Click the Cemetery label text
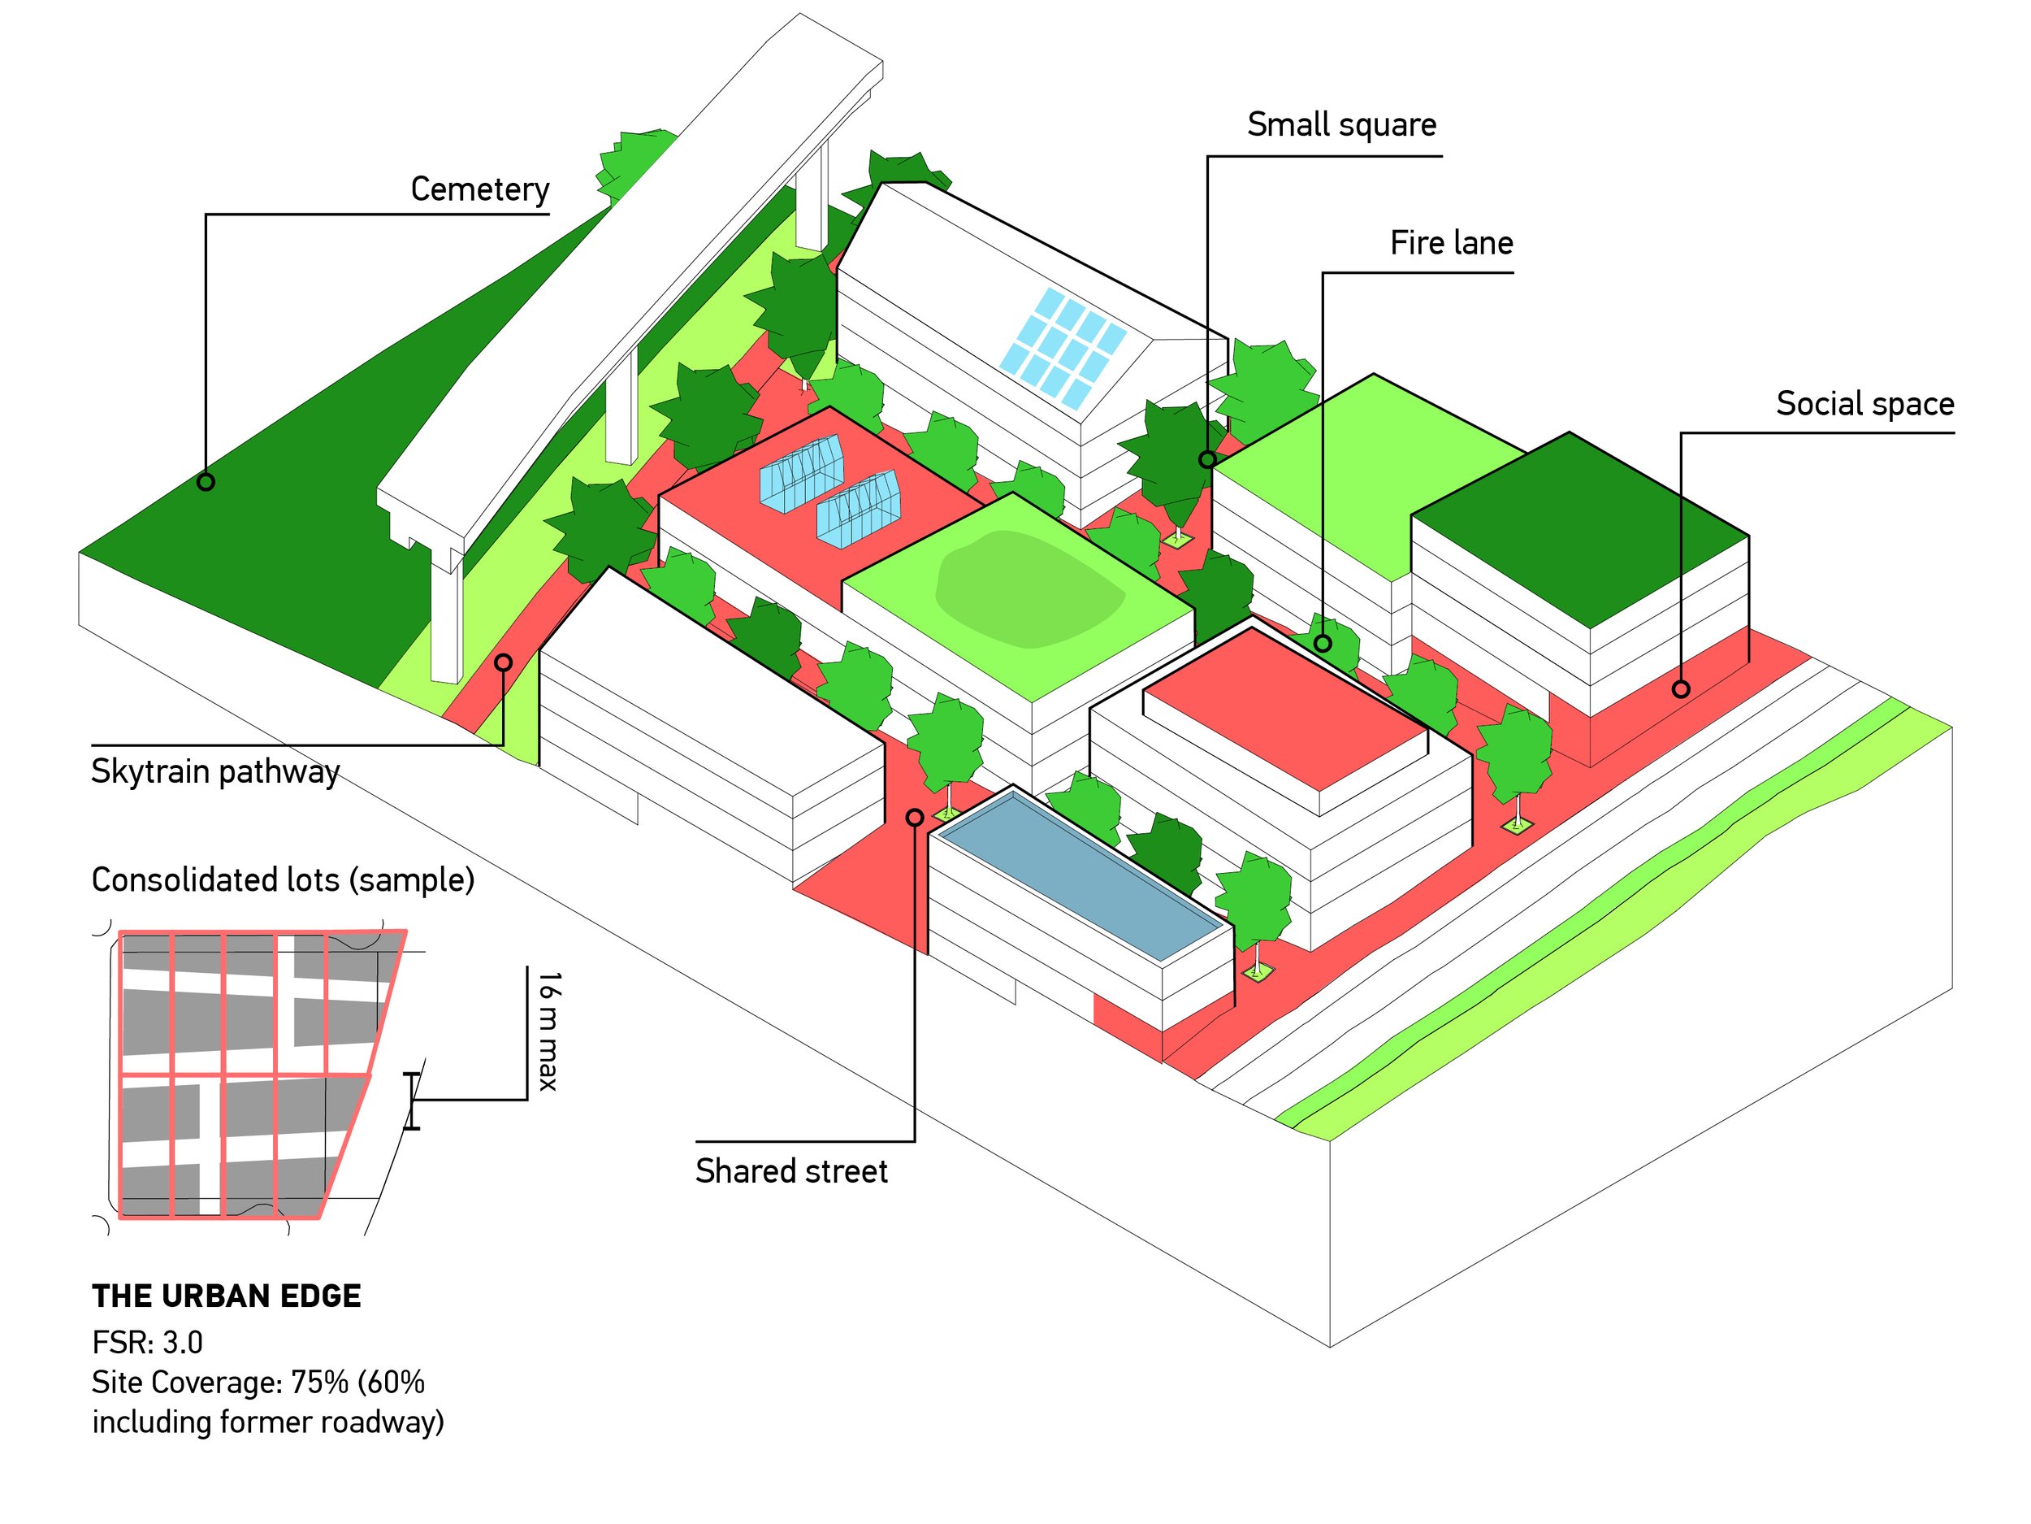tap(479, 189)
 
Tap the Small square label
tap(1340, 125)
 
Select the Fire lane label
tap(1451, 244)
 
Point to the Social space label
tap(1864, 404)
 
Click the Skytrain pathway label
tap(214, 771)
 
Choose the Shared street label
tap(790, 1171)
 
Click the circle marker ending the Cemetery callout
tap(206, 481)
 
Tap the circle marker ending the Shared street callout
tap(915, 818)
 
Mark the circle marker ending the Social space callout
tap(1680, 689)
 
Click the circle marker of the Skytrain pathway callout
tap(503, 662)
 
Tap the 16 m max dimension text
tap(548, 1031)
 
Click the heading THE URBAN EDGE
tap(226, 1296)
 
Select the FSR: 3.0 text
tap(147, 1343)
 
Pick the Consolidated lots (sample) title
tap(283, 880)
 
